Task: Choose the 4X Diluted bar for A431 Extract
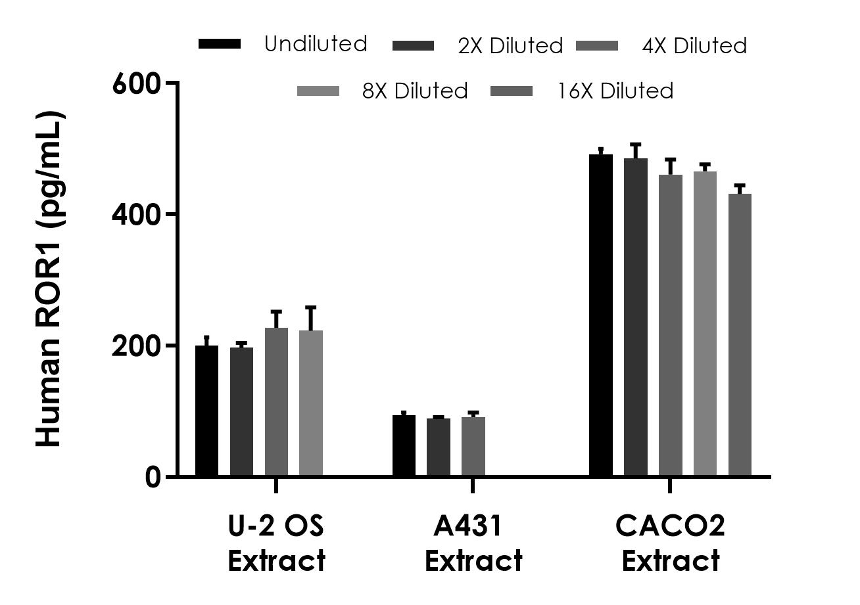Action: [473, 446]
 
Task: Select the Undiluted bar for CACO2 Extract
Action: [601, 315]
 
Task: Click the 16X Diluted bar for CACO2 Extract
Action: [740, 334]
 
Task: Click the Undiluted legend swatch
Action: [220, 44]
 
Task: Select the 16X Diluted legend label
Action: [615, 91]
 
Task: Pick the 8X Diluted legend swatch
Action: [318, 91]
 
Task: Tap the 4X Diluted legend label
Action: [694, 46]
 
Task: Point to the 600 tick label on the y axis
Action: [136, 83]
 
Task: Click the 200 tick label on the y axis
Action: [136, 346]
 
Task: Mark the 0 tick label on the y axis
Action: [153, 476]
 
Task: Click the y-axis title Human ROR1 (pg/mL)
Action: [49, 280]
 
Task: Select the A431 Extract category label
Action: [473, 543]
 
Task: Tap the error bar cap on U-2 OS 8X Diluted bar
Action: [310, 307]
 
